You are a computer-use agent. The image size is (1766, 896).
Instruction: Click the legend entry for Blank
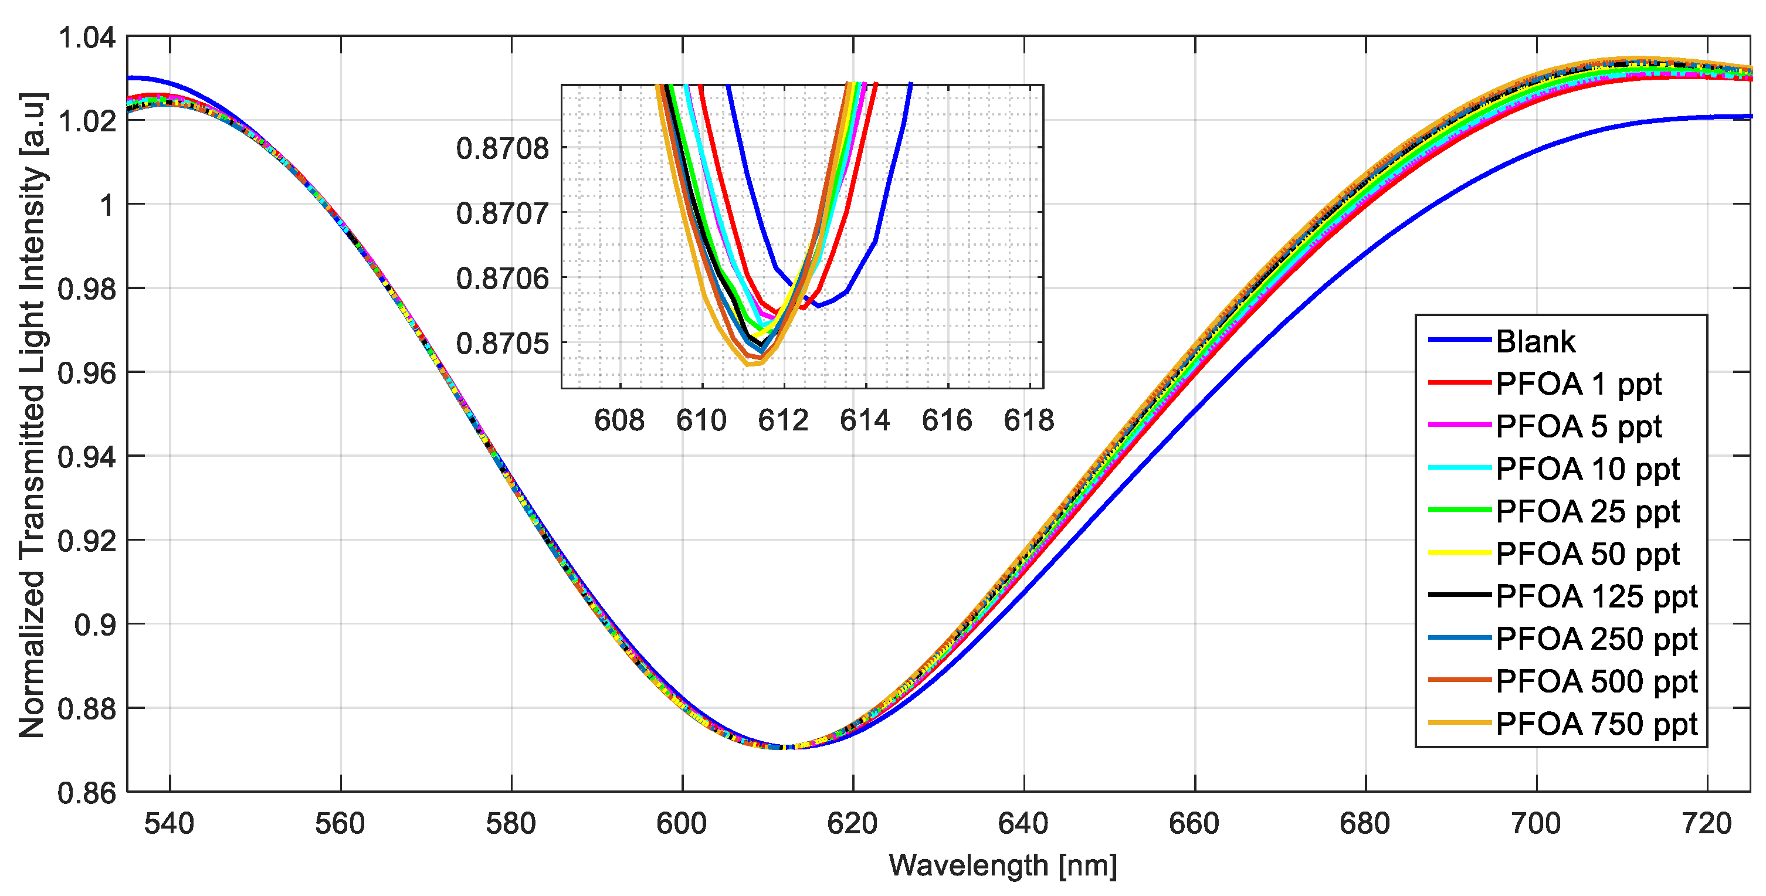[x=1535, y=341]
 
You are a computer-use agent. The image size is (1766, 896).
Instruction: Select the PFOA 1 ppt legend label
[x=1578, y=383]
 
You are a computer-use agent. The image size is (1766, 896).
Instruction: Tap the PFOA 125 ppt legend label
[x=1596, y=596]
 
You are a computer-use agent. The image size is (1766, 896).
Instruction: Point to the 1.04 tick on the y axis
[x=86, y=38]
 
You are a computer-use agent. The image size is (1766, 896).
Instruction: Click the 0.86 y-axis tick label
[x=86, y=793]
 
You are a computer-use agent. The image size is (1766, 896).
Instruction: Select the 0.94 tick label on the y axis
[x=86, y=457]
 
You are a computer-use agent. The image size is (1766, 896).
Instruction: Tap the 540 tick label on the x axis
[x=170, y=823]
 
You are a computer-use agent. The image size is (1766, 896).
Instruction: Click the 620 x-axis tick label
[x=852, y=823]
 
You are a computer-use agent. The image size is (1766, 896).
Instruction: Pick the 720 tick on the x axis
[x=1706, y=823]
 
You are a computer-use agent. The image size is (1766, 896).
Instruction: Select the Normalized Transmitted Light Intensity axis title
[x=32, y=415]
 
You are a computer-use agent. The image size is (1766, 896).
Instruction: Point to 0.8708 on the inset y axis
[x=503, y=148]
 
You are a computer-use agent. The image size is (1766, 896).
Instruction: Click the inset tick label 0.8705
[x=503, y=344]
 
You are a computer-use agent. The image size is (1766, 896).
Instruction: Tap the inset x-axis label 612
[x=783, y=420]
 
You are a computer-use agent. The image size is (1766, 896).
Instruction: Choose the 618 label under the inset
[x=1028, y=420]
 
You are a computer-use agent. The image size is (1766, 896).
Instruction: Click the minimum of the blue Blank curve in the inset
[x=818, y=306]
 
